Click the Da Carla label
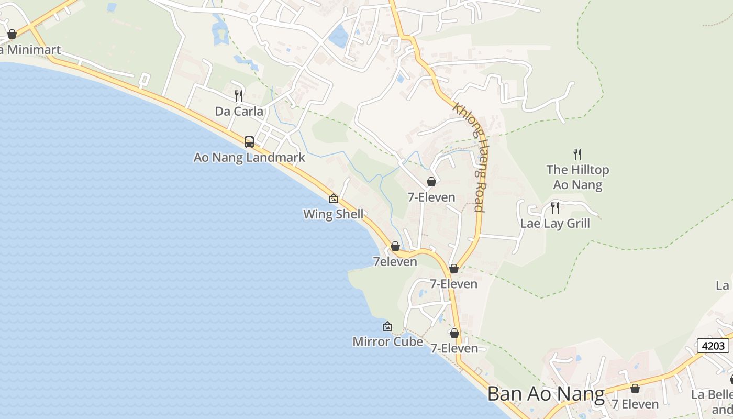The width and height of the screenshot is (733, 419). click(239, 111)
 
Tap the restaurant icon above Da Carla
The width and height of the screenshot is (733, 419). click(239, 95)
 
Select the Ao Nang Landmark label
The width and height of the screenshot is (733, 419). click(249, 157)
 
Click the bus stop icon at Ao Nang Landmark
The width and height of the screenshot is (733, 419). click(249, 141)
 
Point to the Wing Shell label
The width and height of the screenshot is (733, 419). click(334, 214)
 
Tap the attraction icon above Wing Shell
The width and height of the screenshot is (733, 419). click(334, 199)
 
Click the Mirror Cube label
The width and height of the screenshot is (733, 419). click(387, 341)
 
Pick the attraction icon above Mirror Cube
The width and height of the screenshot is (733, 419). click(387, 326)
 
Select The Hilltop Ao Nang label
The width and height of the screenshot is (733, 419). click(577, 177)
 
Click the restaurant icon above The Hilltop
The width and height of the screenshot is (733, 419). click(577, 154)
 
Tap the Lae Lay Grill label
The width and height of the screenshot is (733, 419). click(555, 223)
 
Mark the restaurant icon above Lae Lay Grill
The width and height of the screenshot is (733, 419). click(555, 208)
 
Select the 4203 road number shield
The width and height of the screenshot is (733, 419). click(713, 346)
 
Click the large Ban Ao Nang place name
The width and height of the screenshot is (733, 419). click(546, 394)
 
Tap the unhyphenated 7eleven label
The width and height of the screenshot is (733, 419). click(395, 261)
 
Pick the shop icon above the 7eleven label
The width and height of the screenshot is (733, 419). click(395, 246)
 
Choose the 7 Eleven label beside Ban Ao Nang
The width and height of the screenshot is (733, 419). click(635, 404)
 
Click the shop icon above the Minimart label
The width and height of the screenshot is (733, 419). click(12, 35)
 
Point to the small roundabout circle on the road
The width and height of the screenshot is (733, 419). click(254, 19)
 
